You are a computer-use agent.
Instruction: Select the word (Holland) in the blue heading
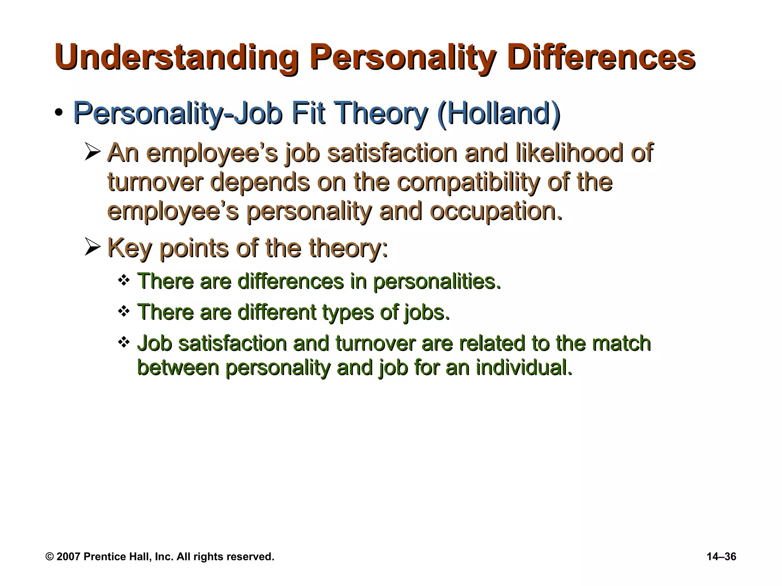[x=498, y=113]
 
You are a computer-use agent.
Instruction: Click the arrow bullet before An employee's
[x=92, y=152]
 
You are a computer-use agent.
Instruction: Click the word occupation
[x=496, y=212]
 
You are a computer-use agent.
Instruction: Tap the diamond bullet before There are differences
[x=123, y=280]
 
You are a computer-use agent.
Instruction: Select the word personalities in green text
[x=436, y=282]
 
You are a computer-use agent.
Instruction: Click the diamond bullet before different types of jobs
[x=123, y=311]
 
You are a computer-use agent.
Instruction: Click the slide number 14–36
[x=721, y=557]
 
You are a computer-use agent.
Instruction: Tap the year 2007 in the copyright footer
[x=68, y=557]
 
